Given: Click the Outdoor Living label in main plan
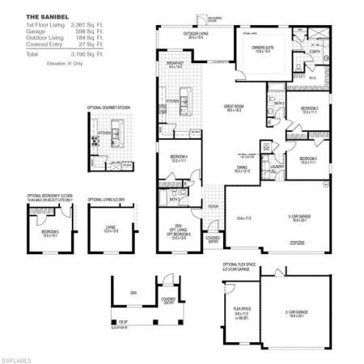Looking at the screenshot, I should pyautogui.click(x=195, y=33).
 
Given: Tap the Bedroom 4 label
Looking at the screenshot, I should pyautogui.click(x=180, y=157).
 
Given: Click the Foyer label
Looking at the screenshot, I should pyautogui.click(x=214, y=206).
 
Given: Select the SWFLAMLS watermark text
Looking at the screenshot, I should pyautogui.click(x=18, y=357).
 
